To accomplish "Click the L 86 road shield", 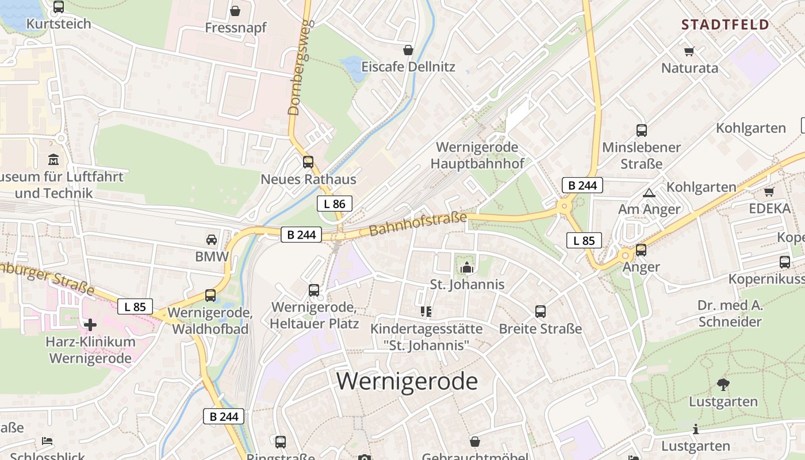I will point(334,204).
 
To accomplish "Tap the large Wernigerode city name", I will point(407,381).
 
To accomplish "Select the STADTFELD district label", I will point(724,24).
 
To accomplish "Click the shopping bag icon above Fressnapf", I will point(235,11).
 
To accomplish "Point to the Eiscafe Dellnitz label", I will point(408,67).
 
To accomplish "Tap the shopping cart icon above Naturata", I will point(689,51).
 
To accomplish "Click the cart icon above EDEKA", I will point(769,191).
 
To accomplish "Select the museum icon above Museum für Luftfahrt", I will point(53,159).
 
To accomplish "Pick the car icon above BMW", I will point(212,239).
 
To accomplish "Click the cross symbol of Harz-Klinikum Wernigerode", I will point(90,325).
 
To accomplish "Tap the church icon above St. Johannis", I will point(467,267).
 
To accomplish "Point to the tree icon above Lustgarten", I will point(723,385).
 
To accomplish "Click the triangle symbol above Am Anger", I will point(649,193).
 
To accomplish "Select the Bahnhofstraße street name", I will point(417,224).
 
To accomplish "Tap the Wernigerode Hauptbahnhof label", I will point(477,155).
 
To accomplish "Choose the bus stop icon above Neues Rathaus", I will point(308,162).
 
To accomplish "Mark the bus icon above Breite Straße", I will point(540,312).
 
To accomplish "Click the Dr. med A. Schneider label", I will point(730,313).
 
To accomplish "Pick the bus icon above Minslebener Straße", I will point(642,131).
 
